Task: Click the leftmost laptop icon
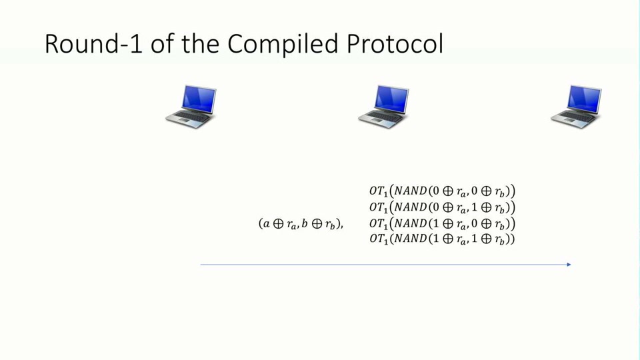click(191, 106)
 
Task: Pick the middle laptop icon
click(383, 106)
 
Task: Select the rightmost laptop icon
click(576, 106)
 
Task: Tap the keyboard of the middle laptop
click(378, 118)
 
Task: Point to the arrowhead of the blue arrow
click(569, 265)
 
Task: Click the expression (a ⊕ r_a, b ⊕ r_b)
click(300, 224)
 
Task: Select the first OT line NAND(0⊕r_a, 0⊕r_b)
click(442, 191)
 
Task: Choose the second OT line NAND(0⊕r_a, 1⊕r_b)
click(442, 207)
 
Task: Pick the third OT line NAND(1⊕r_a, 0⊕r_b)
click(442, 223)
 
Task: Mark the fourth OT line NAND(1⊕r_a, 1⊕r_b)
click(442, 239)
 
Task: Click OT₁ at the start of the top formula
click(378, 192)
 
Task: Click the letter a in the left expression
click(266, 224)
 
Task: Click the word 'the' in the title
click(201, 44)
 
